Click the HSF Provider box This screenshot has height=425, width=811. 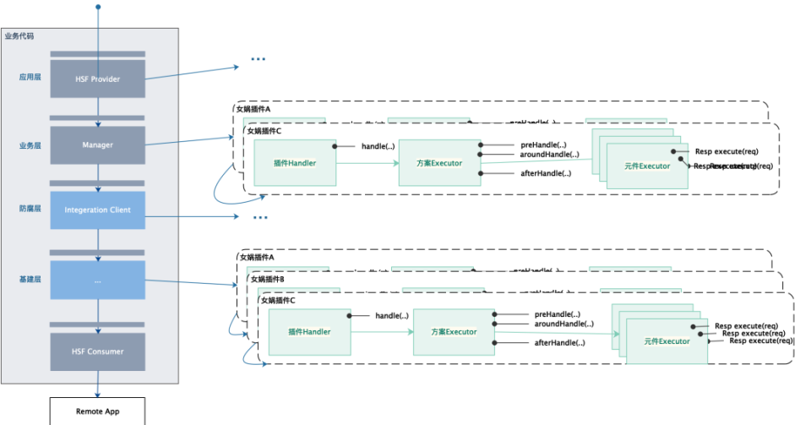[98, 79]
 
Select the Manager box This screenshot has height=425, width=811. [98, 145]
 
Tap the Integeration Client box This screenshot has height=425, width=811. [98, 210]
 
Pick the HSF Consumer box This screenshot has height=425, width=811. [98, 351]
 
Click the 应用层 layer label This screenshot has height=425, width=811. [30, 77]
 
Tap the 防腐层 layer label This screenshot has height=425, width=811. [30, 208]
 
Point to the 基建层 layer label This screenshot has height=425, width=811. [30, 279]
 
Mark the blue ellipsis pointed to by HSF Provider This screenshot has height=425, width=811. [259, 60]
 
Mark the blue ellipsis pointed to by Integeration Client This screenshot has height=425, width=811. [259, 217]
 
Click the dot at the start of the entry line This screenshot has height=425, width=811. [98, 8]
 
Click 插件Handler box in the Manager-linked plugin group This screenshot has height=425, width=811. [295, 162]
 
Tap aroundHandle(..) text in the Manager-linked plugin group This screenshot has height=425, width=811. [550, 155]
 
